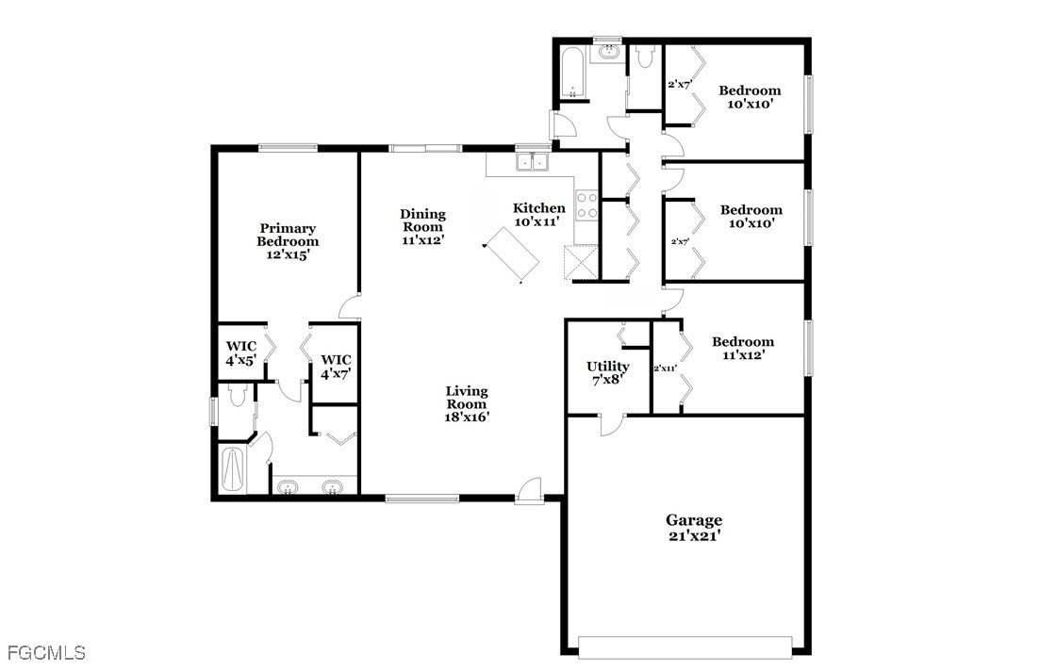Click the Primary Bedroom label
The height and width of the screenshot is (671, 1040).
tap(288, 241)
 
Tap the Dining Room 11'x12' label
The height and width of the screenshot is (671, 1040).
tap(422, 227)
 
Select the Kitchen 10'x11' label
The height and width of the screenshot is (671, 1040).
tap(539, 215)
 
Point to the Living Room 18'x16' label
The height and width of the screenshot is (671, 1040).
tap(467, 403)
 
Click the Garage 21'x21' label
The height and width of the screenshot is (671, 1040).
tap(694, 528)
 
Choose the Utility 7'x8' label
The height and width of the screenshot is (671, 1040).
tap(607, 372)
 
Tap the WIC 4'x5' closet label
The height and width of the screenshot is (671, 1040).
tap(240, 353)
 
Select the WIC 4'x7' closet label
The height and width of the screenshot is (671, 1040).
tap(337, 367)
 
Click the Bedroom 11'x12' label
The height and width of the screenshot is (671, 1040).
tap(743, 348)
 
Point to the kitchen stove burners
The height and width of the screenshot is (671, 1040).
tap(586, 205)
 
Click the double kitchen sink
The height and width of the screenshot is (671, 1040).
tap(532, 161)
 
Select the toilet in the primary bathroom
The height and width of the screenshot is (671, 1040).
tap(236, 396)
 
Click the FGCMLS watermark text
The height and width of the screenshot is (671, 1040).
tap(47, 652)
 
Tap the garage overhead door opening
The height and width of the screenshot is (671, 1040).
tap(685, 647)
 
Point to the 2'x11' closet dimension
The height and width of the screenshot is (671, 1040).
tap(666, 368)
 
